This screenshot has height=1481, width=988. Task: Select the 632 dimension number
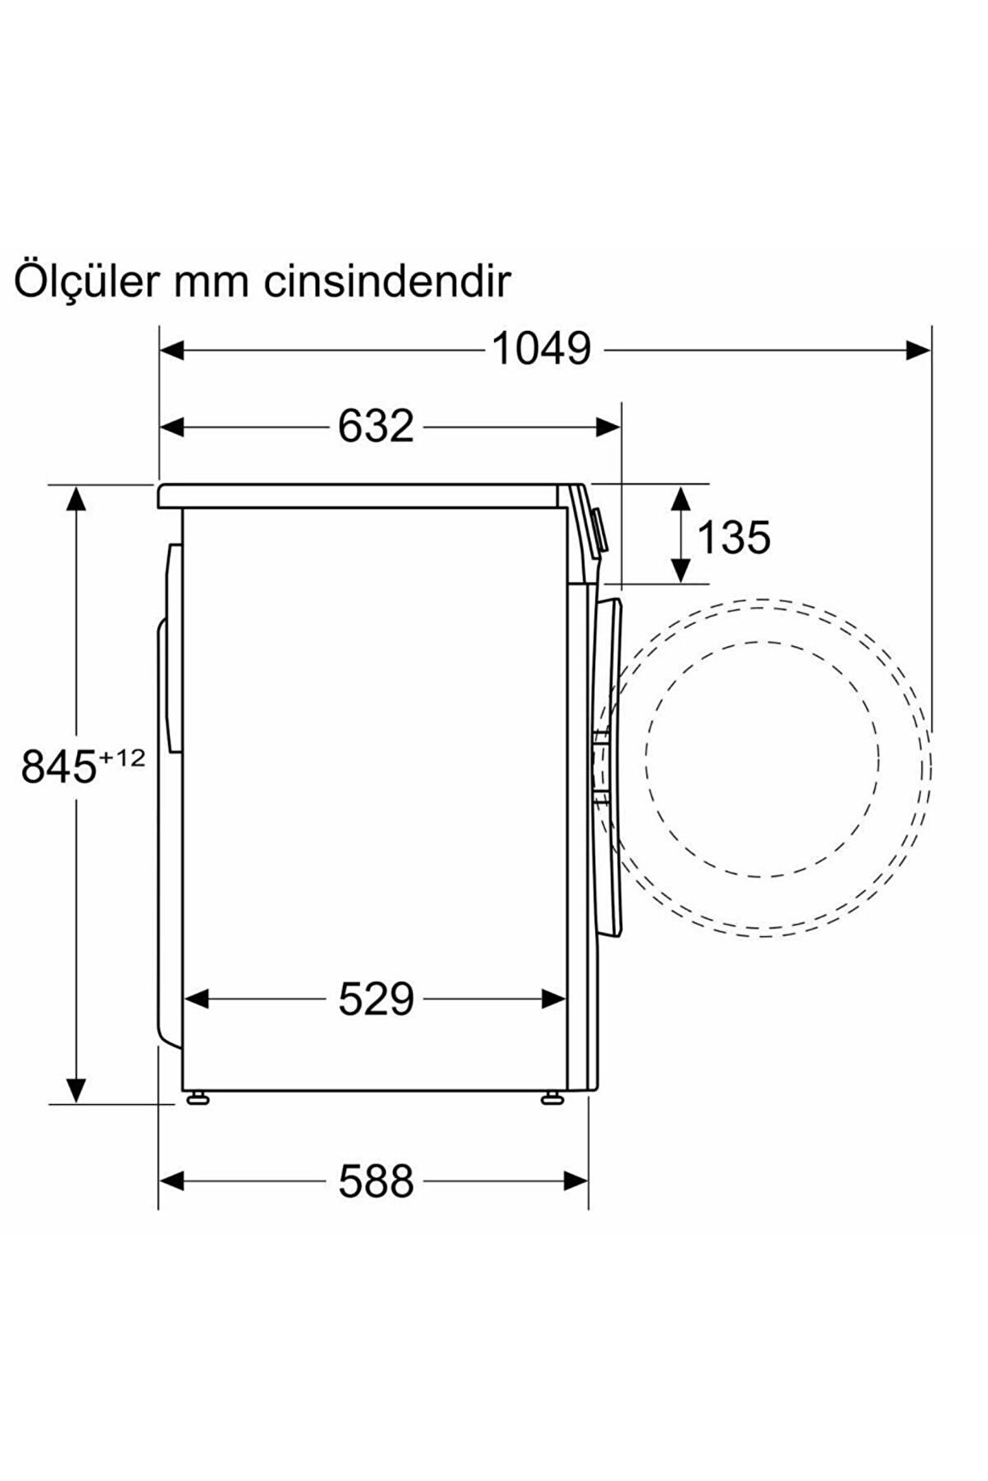[376, 426]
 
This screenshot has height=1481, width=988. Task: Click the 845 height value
[58, 766]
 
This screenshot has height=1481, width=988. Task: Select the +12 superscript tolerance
[123, 756]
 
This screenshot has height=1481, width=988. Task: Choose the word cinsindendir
[388, 279]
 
